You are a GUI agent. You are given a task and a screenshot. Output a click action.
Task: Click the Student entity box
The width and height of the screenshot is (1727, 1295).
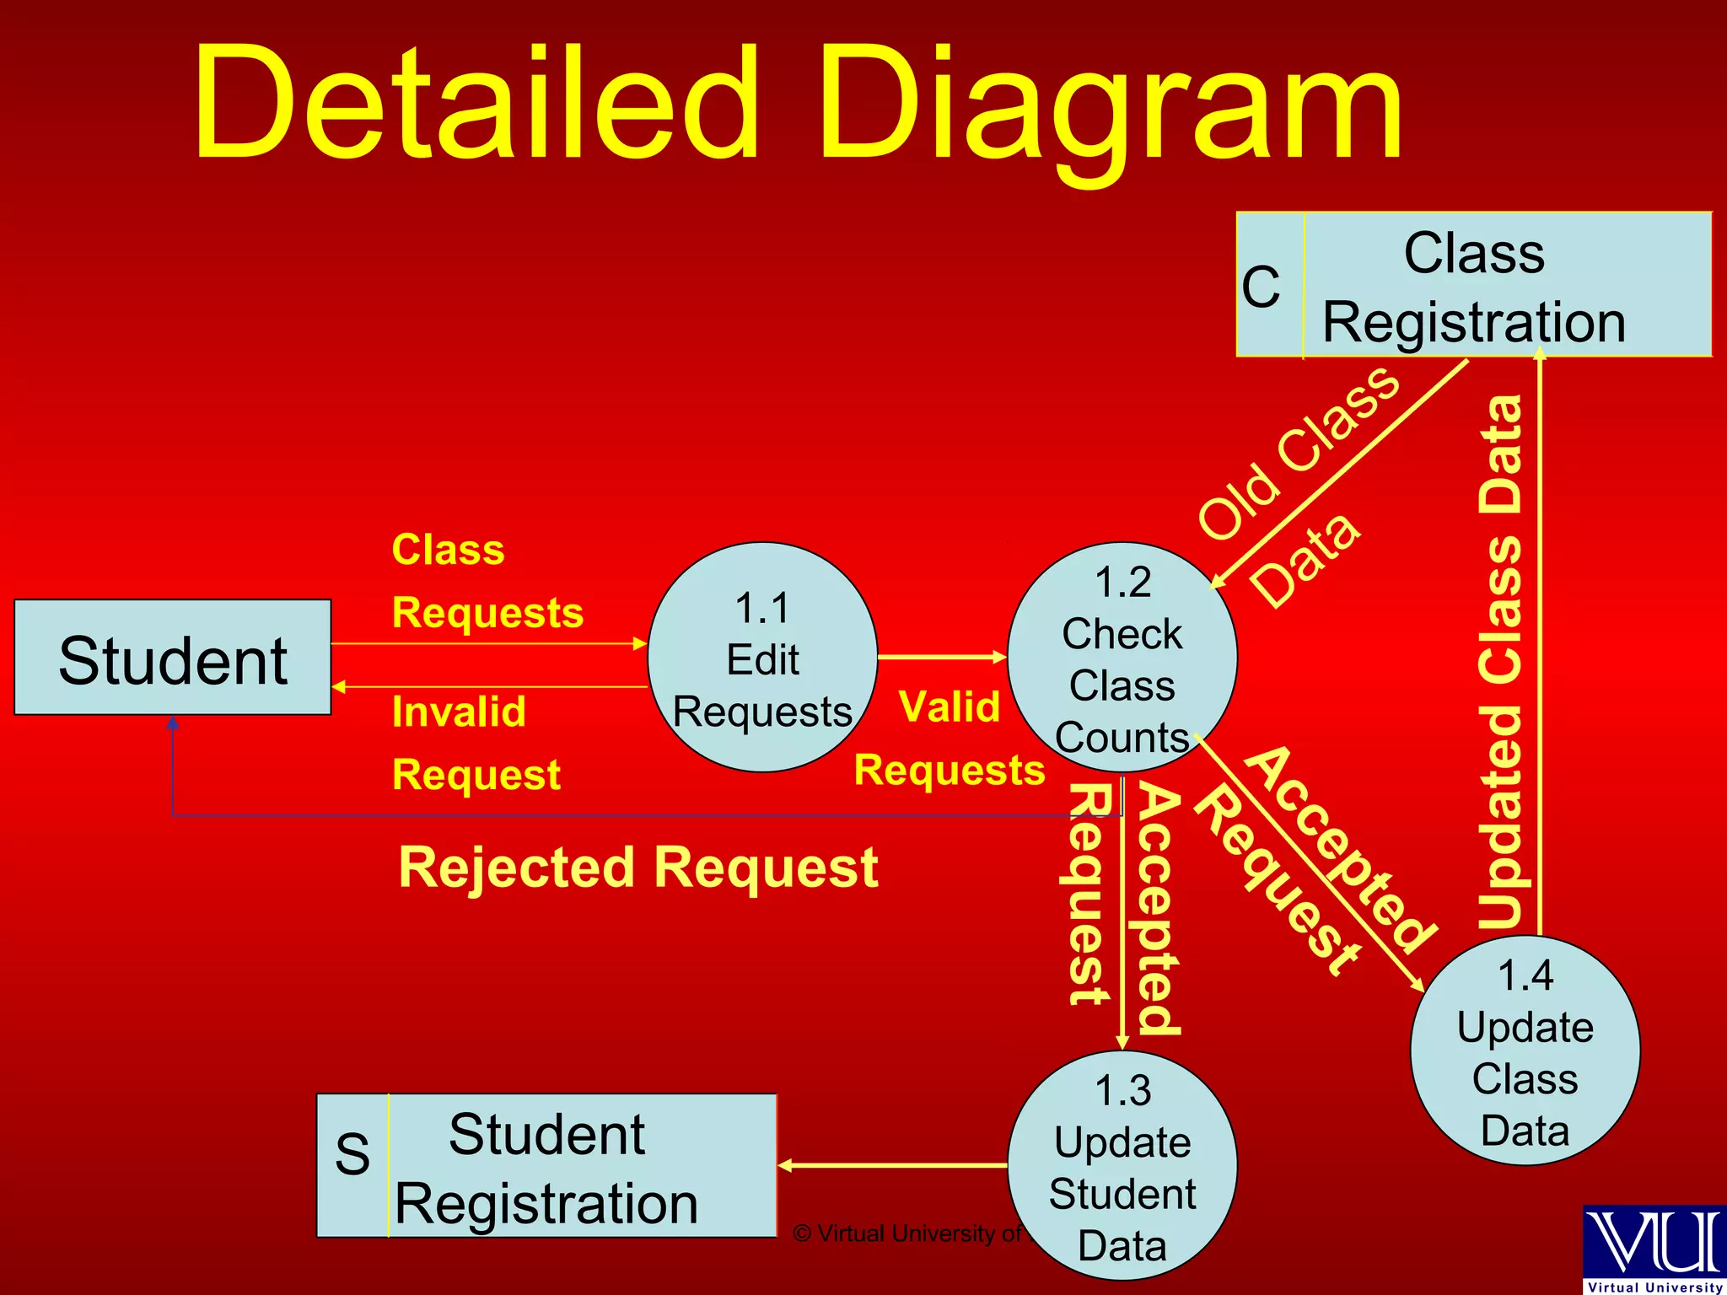tap(173, 658)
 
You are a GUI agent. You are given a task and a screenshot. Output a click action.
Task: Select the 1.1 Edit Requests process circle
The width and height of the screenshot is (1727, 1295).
tap(762, 658)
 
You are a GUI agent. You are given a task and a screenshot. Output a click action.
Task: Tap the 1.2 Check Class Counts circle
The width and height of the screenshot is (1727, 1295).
tap(1122, 658)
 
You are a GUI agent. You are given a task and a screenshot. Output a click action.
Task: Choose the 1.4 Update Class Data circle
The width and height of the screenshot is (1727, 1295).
tap(1525, 1051)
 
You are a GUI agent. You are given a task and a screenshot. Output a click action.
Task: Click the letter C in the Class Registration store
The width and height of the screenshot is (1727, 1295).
tap(1261, 287)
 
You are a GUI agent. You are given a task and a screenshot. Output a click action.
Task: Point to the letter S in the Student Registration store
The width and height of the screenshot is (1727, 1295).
tap(352, 1154)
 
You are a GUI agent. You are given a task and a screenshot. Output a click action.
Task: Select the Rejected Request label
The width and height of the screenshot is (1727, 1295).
tap(638, 868)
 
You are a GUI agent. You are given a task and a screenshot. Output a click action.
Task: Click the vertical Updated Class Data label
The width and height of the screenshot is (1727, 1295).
tap(1502, 662)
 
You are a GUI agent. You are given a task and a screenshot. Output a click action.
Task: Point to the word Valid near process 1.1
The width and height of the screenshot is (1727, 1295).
tap(950, 707)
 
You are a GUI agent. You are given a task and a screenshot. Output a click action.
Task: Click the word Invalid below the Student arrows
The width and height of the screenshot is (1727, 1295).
tap(460, 712)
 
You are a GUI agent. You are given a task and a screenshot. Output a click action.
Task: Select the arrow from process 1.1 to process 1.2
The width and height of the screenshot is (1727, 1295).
tap(942, 657)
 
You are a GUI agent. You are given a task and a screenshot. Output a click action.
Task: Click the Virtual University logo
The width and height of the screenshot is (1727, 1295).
tap(1654, 1249)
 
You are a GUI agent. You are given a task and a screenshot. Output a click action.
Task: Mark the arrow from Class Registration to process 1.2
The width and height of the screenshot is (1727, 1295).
tap(1341, 472)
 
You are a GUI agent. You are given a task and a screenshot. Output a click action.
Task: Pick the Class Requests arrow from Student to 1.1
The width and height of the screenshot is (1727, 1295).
tap(489, 644)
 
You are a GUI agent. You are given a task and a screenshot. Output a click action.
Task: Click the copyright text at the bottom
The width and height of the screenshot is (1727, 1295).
tap(907, 1233)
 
